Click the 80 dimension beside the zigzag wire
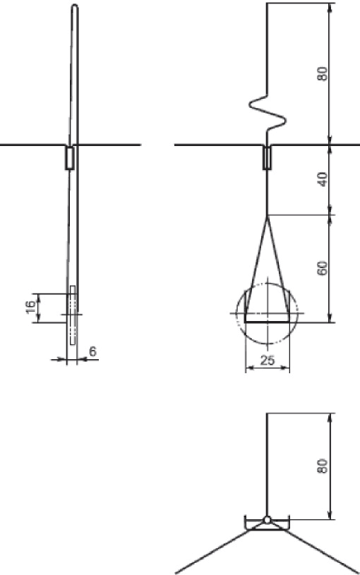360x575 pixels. click(323, 74)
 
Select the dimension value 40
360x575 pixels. click(323, 180)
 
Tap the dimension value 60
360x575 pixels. click(323, 268)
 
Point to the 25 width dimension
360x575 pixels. click(267, 360)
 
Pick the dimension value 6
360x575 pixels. click(92, 351)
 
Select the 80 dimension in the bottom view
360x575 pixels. click(323, 466)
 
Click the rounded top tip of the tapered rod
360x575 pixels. click(75, 6)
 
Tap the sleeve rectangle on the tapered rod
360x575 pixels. click(70, 158)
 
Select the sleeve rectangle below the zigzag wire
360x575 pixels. click(267, 158)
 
